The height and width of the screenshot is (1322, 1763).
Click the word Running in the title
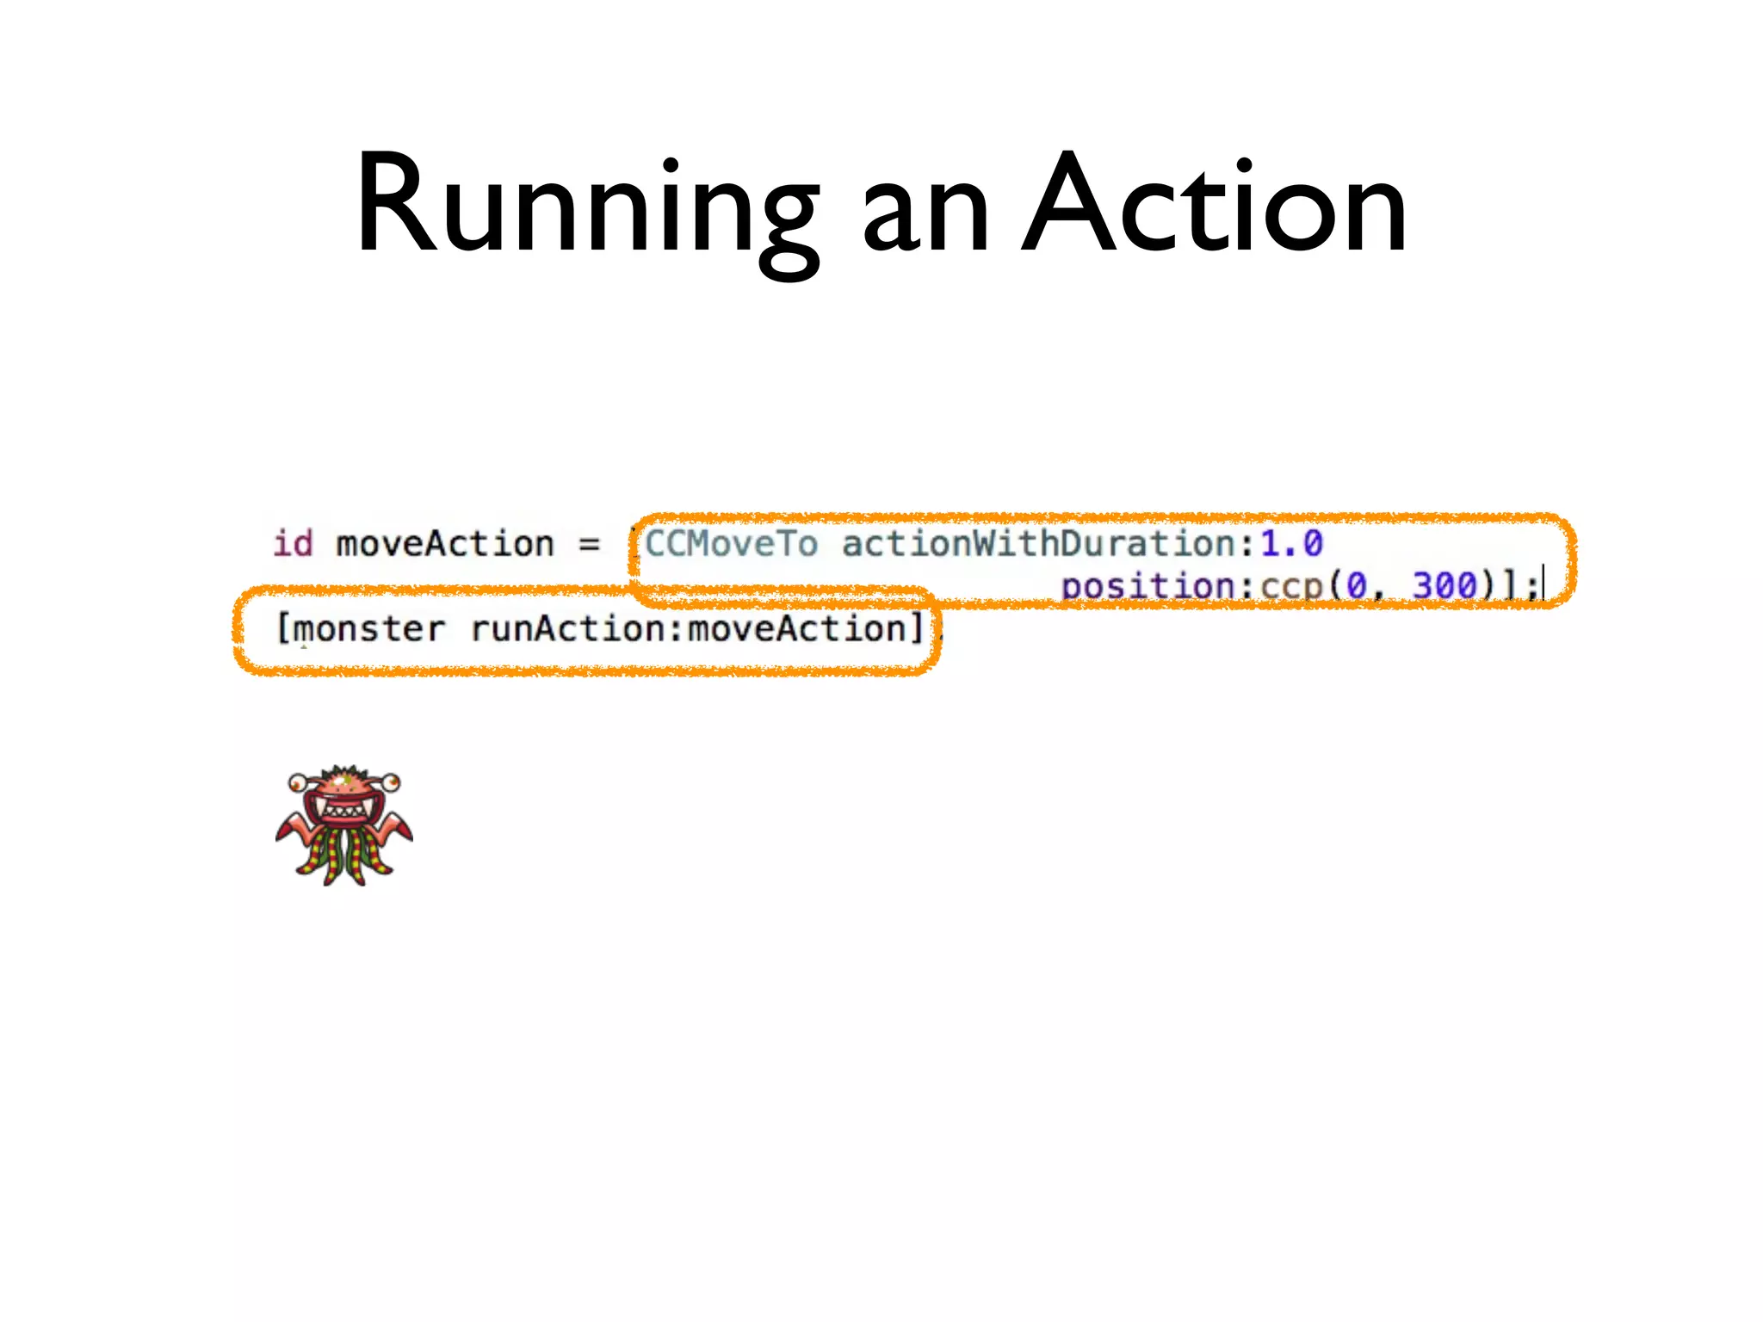pyautogui.click(x=585, y=207)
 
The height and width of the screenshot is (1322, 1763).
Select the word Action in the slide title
pyautogui.click(x=1214, y=207)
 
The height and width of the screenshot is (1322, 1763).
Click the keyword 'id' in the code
pyautogui.click(x=293, y=544)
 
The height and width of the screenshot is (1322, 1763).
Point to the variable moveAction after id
pyautogui.click(x=444, y=544)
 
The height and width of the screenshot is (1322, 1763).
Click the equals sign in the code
pyautogui.click(x=589, y=545)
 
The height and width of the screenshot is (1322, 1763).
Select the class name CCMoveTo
pyautogui.click(x=731, y=544)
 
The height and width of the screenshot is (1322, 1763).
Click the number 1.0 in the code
pyautogui.click(x=1291, y=544)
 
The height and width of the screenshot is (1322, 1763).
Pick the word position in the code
pyautogui.click(x=1147, y=587)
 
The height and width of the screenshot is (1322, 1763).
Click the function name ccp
pyautogui.click(x=1291, y=587)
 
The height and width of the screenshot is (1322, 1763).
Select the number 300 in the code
pyautogui.click(x=1444, y=586)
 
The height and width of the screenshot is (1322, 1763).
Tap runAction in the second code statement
pyautogui.click(x=568, y=629)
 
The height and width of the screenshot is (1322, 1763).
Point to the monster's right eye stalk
pyautogui.click(x=391, y=781)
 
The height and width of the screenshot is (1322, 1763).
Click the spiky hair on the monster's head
pyautogui.click(x=344, y=771)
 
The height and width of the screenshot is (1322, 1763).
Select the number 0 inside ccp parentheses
pyautogui.click(x=1357, y=586)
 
